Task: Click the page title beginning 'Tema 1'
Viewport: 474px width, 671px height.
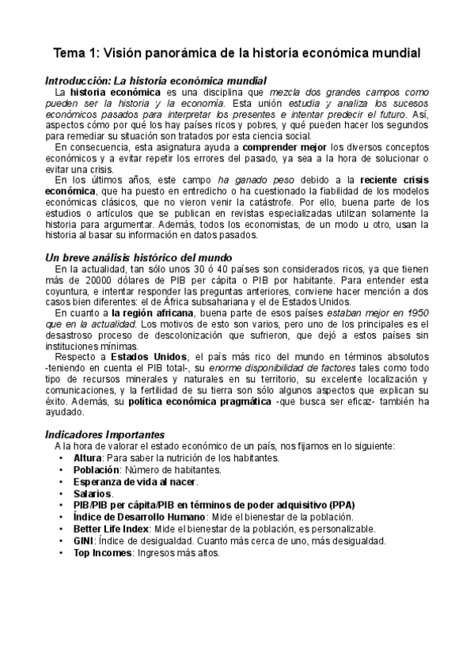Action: tap(237, 53)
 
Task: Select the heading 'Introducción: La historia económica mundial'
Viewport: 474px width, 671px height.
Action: tap(156, 81)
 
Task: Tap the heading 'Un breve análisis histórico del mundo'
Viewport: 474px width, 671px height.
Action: tap(138, 258)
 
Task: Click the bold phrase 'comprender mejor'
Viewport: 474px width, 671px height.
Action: tap(284, 147)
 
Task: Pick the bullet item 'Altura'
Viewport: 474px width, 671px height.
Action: tap(88, 458)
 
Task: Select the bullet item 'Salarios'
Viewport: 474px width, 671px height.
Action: tap(93, 494)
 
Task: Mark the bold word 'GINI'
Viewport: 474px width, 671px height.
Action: tap(84, 541)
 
